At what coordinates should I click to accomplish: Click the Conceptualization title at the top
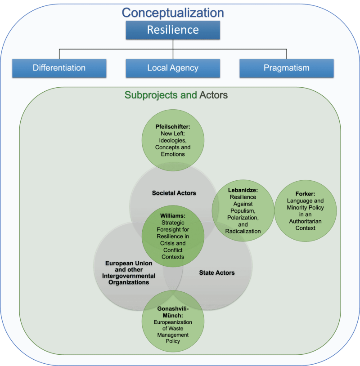(x=173, y=12)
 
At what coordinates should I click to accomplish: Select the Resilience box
(x=173, y=30)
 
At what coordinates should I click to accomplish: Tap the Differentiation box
(x=59, y=68)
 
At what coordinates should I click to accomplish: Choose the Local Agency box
(x=173, y=68)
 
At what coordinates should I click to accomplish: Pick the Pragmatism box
(x=287, y=68)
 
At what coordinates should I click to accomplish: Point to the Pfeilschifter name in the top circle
(x=173, y=127)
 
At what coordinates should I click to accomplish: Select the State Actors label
(x=217, y=272)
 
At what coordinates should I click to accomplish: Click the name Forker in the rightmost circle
(x=305, y=194)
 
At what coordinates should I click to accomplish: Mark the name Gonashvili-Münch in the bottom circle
(x=173, y=312)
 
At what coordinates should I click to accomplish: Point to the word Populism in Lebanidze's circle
(x=243, y=211)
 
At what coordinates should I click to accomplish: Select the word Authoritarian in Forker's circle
(x=306, y=221)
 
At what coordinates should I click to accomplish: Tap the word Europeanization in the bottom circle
(x=173, y=323)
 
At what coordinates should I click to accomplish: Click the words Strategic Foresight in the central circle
(x=173, y=226)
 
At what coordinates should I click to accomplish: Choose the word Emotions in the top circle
(x=173, y=154)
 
